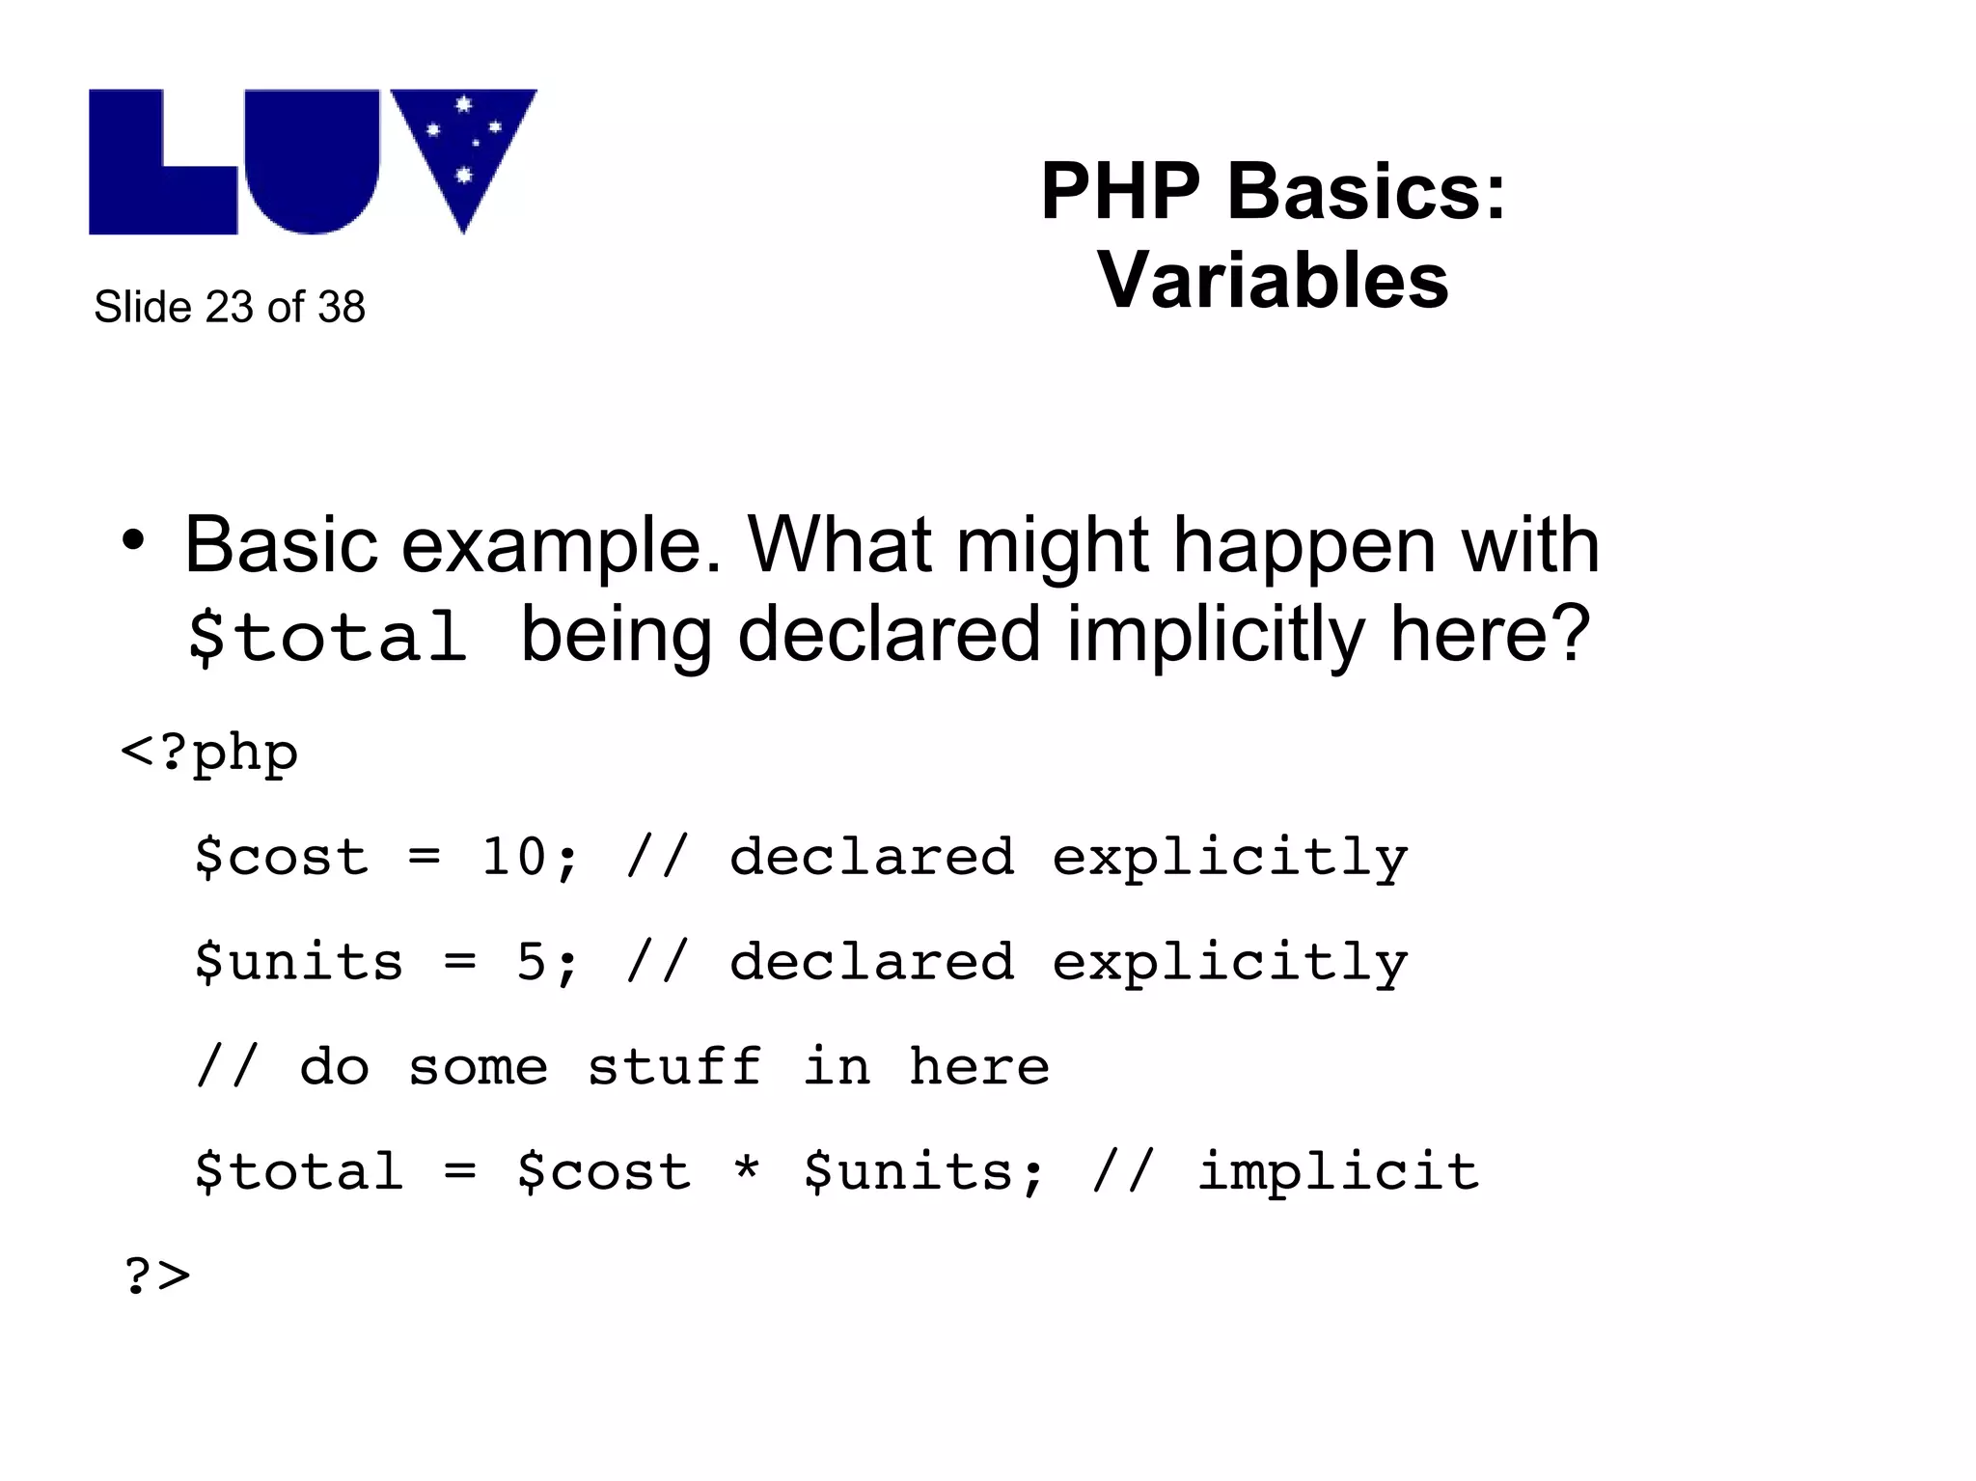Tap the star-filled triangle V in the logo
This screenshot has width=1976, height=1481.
pyautogui.click(x=463, y=145)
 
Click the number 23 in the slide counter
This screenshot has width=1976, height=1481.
pyautogui.click(x=229, y=307)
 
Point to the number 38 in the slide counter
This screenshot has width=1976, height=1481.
pyautogui.click(x=342, y=307)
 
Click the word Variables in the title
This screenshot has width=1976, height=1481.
pyautogui.click(x=1273, y=281)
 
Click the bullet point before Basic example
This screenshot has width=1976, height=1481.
pyautogui.click(x=133, y=542)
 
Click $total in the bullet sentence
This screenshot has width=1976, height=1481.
pyautogui.click(x=327, y=637)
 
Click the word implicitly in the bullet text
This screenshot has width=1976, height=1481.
pyautogui.click(x=1215, y=635)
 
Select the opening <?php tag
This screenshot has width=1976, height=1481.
pyautogui.click(x=209, y=753)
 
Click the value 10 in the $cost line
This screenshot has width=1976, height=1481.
pyautogui.click(x=514, y=856)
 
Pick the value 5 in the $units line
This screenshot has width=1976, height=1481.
pyautogui.click(x=532, y=961)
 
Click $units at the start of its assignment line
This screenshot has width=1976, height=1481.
pyautogui.click(x=298, y=961)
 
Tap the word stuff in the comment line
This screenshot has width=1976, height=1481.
pyautogui.click(x=674, y=1066)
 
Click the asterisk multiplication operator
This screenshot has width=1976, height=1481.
pyautogui.click(x=747, y=1169)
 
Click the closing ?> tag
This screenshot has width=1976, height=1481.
pyautogui.click(x=157, y=1275)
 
